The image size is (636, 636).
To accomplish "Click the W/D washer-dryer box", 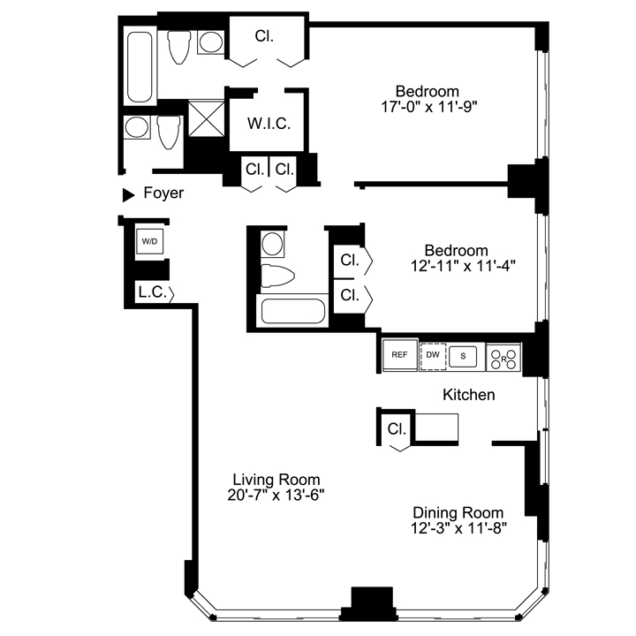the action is tap(149, 242).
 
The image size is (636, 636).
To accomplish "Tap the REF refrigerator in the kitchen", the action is tap(399, 355).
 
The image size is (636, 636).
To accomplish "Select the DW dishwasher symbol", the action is tap(433, 356).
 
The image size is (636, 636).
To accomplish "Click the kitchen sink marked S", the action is tap(463, 357).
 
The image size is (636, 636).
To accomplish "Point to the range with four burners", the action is tap(503, 358).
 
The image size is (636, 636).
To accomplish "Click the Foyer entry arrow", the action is tap(129, 194).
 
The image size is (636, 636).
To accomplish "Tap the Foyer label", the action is tap(163, 193).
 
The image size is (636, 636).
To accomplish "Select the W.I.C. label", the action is tap(269, 124).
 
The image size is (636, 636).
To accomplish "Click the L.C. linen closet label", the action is tap(153, 291).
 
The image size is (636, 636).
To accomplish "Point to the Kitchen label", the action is tap(468, 395).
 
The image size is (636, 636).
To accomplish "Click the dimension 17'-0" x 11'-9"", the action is tap(428, 107).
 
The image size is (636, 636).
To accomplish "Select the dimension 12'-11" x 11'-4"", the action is tap(463, 267).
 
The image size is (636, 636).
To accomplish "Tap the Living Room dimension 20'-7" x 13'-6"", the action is tap(276, 496).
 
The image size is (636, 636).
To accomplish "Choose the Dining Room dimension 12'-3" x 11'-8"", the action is tap(458, 528).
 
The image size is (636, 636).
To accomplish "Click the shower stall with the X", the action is tap(207, 118).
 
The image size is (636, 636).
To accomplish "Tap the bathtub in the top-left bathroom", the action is tap(140, 67).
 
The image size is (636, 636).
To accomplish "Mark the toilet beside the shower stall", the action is tap(169, 132).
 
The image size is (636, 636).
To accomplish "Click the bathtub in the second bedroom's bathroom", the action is tap(293, 311).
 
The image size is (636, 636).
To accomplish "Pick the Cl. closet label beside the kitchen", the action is tap(397, 428).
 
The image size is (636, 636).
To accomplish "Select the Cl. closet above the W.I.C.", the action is tap(264, 36).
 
